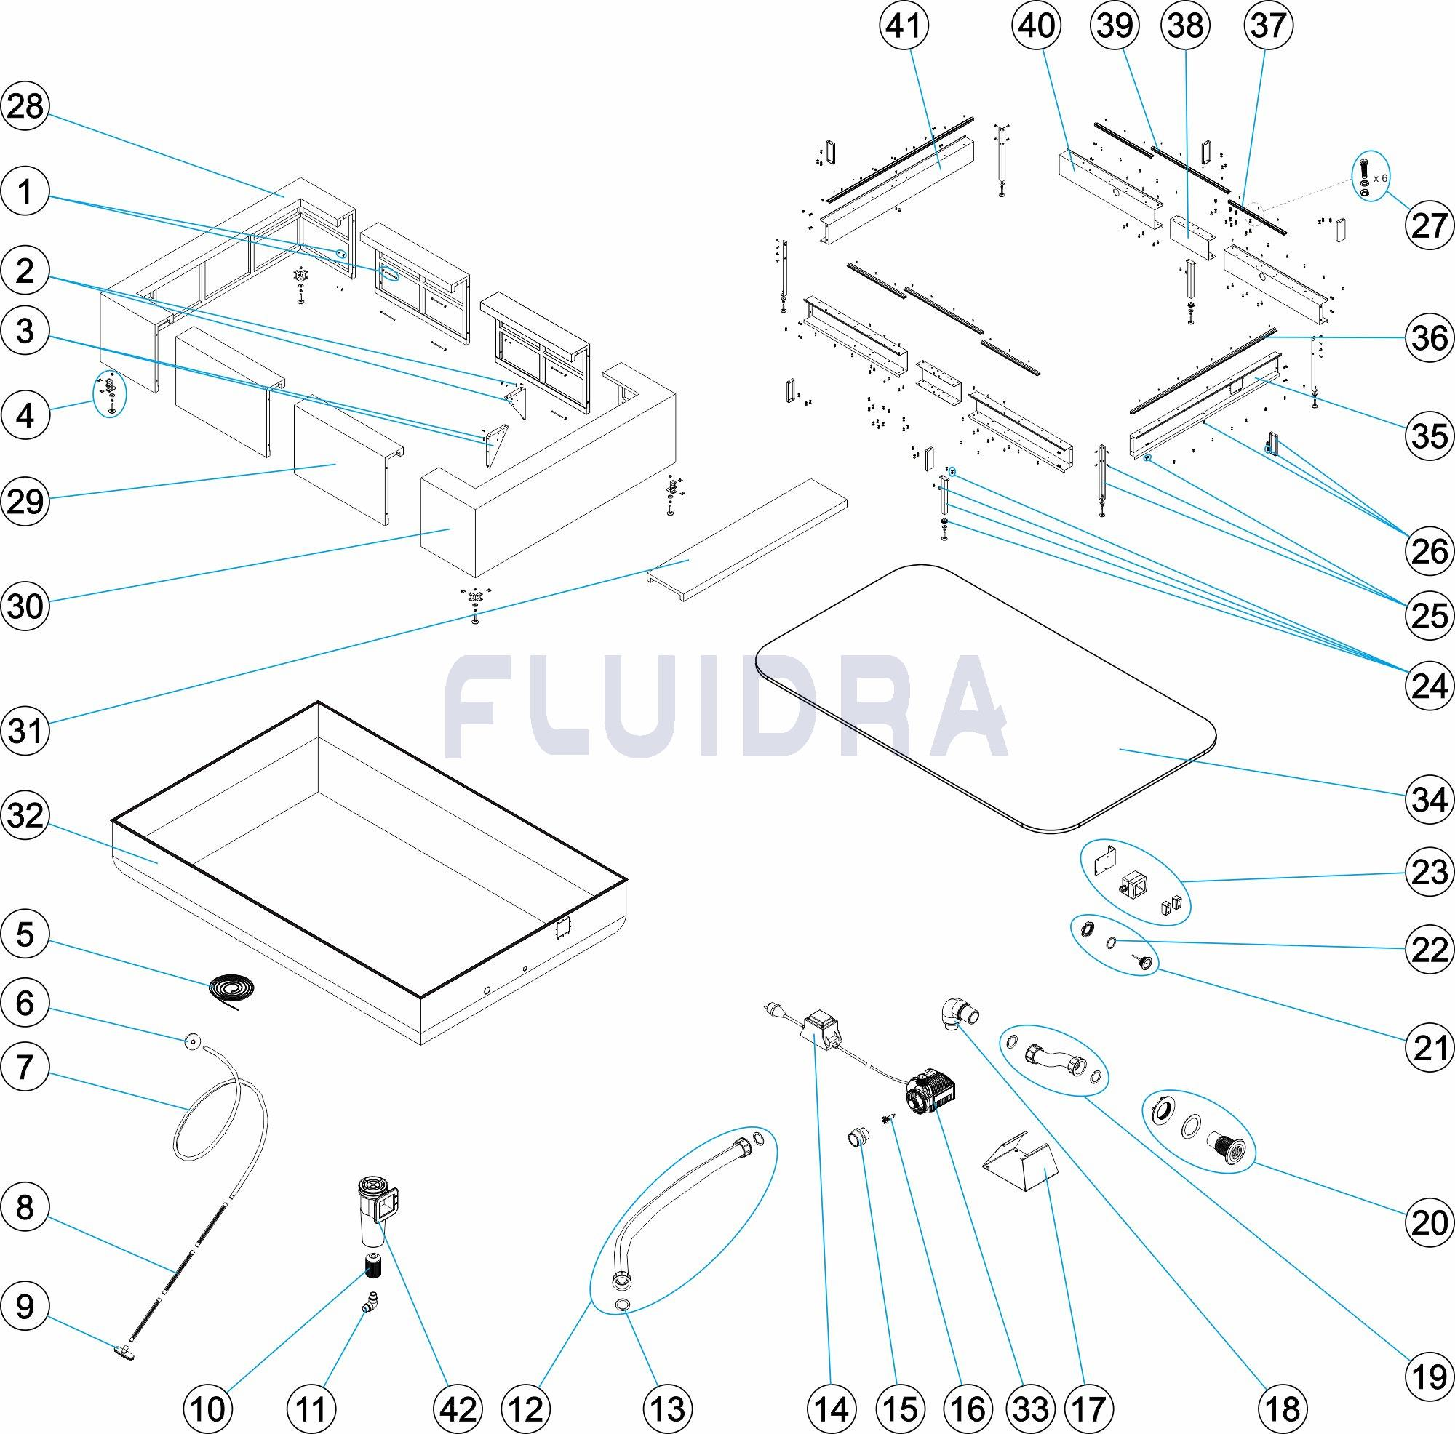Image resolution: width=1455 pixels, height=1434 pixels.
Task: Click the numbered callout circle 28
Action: pos(25,107)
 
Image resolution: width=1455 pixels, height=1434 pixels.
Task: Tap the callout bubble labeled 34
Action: pos(1430,798)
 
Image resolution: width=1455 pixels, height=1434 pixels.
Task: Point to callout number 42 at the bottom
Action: pos(458,1408)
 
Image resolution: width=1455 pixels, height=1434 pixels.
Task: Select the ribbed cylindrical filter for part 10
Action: pos(372,1266)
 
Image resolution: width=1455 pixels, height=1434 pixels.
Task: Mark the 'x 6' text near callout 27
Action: pos(1379,178)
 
